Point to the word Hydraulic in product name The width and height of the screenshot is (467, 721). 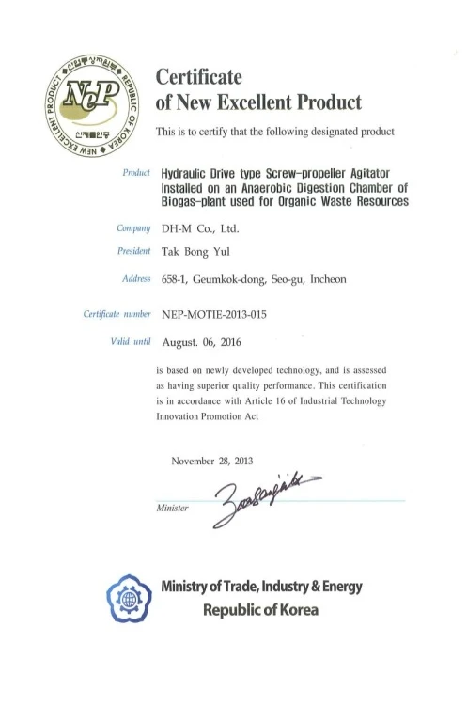(x=190, y=174)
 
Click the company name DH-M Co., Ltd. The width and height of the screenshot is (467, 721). (x=200, y=228)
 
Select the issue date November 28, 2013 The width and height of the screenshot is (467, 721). (x=212, y=461)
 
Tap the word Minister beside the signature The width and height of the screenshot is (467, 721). (x=171, y=508)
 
